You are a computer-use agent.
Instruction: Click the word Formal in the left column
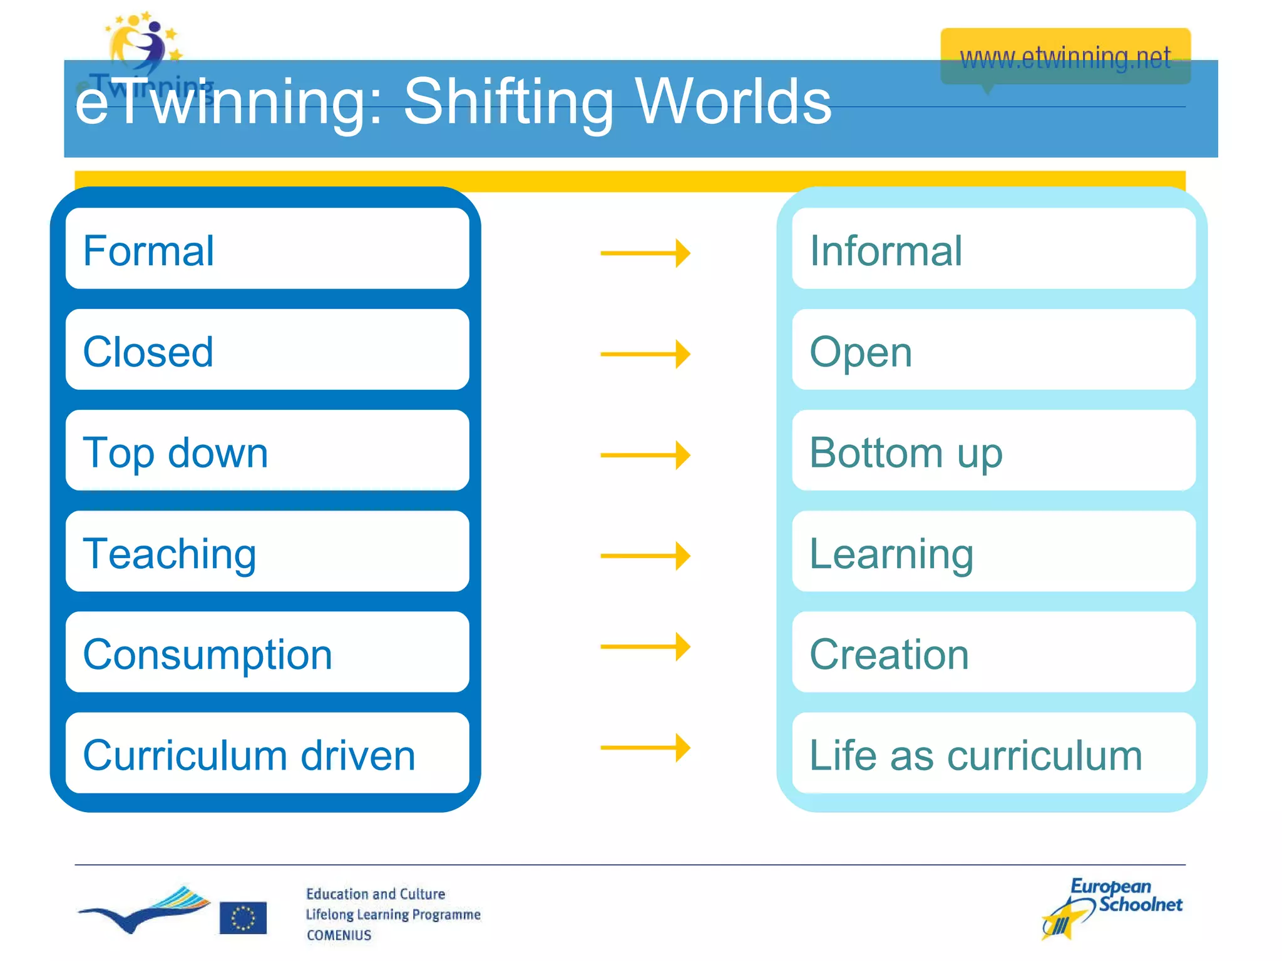click(148, 251)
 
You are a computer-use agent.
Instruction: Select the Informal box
click(993, 249)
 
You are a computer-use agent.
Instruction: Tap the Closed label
click(148, 352)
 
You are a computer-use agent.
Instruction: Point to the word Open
click(861, 352)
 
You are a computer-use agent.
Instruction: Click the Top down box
click(267, 450)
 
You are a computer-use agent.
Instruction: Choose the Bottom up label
click(906, 452)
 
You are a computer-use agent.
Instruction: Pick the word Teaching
click(170, 554)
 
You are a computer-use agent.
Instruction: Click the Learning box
click(993, 551)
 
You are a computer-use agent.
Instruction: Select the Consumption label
click(208, 654)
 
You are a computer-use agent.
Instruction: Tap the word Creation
click(889, 654)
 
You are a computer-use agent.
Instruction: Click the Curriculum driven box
click(267, 753)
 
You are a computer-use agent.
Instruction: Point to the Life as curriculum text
click(975, 755)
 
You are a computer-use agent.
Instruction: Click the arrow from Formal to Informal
click(645, 253)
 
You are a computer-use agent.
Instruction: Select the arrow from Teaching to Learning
click(645, 556)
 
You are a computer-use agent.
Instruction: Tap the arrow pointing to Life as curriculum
click(645, 747)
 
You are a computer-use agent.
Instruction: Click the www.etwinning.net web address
click(1065, 58)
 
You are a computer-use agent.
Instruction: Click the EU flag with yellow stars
click(243, 918)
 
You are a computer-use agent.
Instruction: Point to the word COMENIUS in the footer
click(339, 935)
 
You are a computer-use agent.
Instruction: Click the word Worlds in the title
click(733, 101)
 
